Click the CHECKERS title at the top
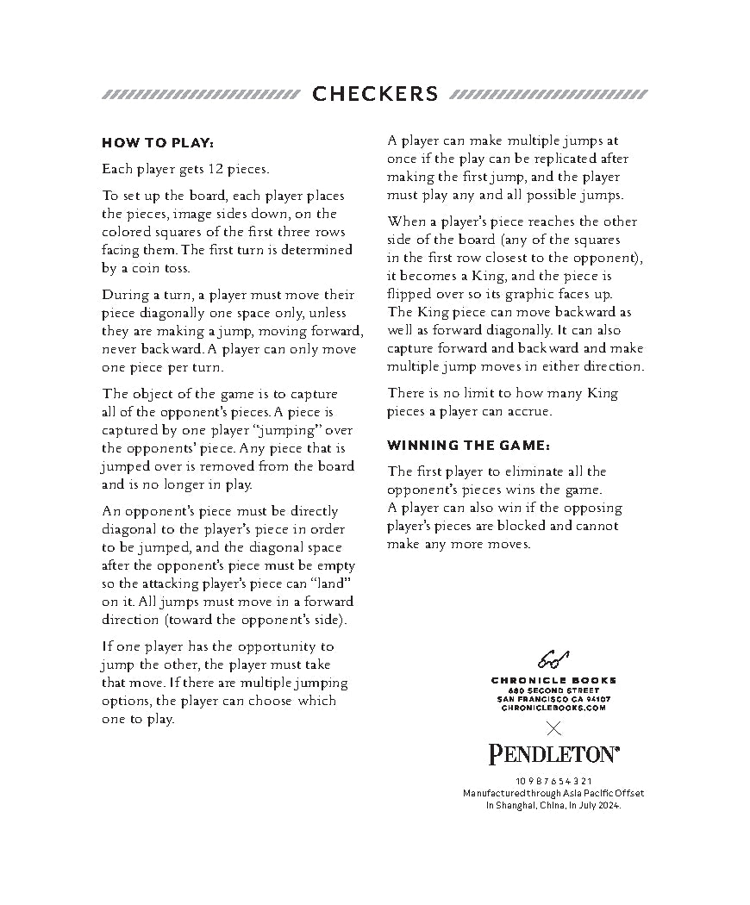point(375,94)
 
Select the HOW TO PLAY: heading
point(158,142)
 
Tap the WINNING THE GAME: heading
point(468,446)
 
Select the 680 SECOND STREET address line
point(553,690)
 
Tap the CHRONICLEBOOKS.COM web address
point(553,707)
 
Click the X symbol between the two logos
point(553,729)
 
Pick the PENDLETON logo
point(553,755)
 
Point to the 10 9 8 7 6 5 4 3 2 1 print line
point(553,781)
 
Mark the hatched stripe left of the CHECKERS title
point(200,94)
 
